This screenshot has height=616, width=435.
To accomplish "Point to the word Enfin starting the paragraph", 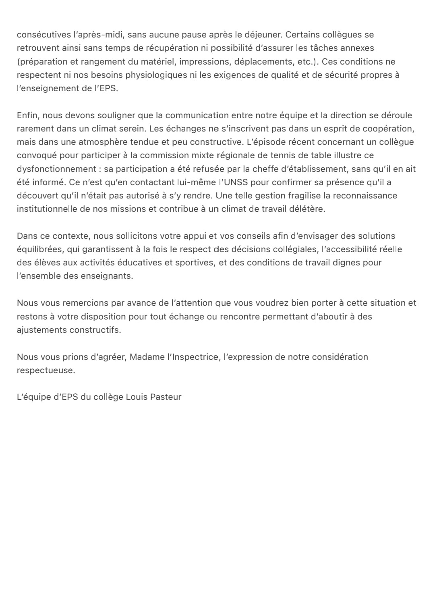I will (27, 115).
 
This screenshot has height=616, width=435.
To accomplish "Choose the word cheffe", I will (265, 169).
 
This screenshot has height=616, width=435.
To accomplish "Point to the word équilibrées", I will (39, 249).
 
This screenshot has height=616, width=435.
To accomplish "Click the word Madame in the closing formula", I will (147, 357).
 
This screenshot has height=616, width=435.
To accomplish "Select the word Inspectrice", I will (195, 357).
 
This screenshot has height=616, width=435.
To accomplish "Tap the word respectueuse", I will (46, 370).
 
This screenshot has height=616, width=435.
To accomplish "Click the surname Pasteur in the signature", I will (166, 397).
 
